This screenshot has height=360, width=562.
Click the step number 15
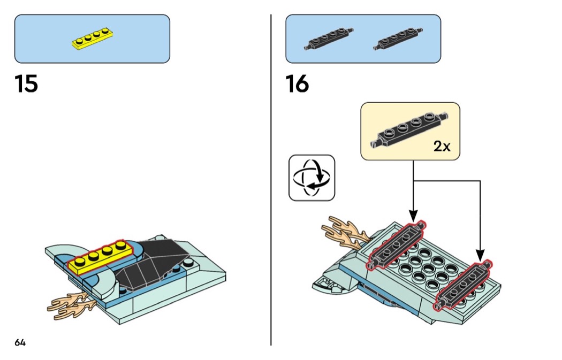click(26, 85)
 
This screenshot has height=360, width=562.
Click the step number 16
click(297, 85)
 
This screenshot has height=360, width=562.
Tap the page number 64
click(20, 343)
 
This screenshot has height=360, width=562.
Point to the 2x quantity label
click(442, 147)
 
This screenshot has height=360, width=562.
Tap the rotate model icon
click(312, 178)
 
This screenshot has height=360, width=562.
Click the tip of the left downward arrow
click(413, 217)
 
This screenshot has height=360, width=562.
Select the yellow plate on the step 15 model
click(97, 258)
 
